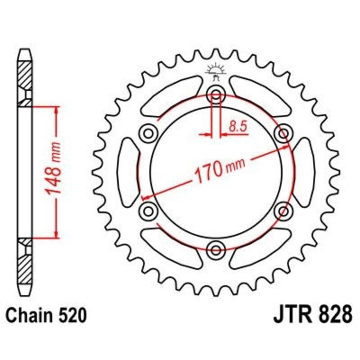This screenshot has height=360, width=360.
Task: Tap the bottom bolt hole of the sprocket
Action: coord(216,249)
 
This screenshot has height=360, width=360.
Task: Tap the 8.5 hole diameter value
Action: coord(238,127)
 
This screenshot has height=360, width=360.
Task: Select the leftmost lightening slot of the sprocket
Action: coord(129,171)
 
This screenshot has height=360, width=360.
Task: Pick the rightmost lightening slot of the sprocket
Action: coord(303,171)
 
